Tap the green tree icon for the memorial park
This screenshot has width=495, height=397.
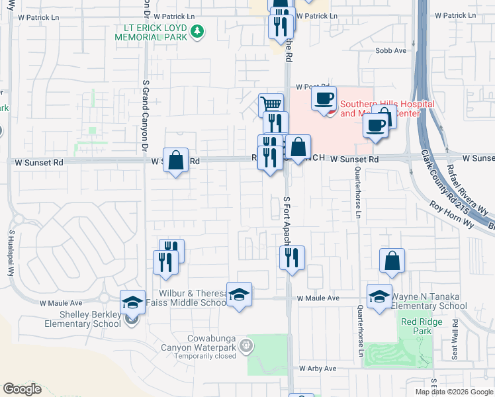(197, 30)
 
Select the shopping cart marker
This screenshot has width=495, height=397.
(271, 105)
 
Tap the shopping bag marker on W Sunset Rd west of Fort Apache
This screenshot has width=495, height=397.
(175, 161)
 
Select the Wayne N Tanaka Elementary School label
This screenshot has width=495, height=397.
(429, 302)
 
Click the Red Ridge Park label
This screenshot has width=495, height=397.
(416, 326)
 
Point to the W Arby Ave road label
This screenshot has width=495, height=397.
(318, 368)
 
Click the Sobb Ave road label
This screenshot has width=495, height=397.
(390, 51)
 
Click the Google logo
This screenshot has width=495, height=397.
(22, 389)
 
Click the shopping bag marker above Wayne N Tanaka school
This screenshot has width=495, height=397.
(392, 262)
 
